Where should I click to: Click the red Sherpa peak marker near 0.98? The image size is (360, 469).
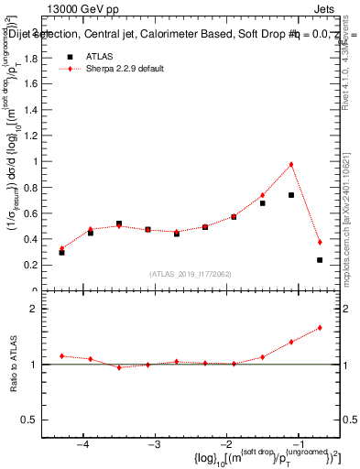point(290,164)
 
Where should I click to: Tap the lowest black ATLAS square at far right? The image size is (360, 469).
point(320,260)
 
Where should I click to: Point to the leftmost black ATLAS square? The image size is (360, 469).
point(61,252)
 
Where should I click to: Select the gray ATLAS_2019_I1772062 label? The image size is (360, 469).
point(191,274)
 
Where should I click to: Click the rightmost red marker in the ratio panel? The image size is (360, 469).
point(320,327)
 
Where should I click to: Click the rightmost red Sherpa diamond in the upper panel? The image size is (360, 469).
point(320,242)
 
